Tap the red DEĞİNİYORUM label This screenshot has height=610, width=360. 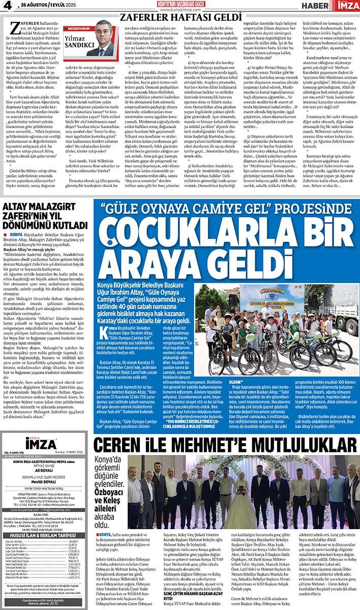76,29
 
